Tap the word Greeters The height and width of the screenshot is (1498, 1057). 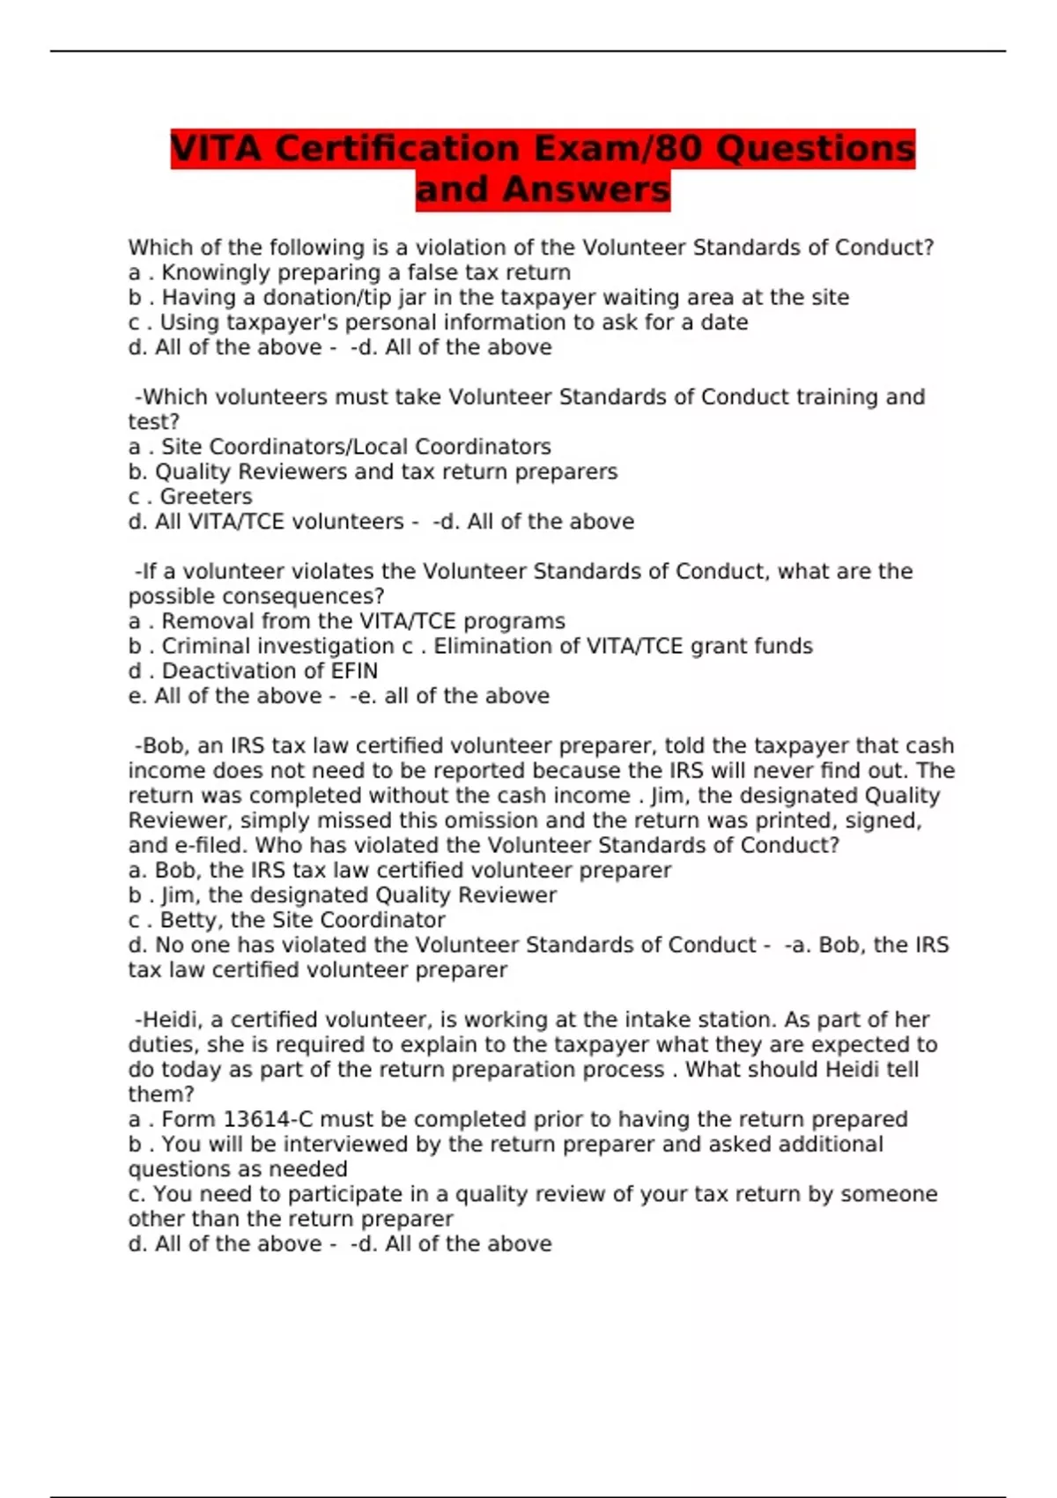tap(205, 497)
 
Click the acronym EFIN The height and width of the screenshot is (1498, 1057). tap(354, 671)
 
